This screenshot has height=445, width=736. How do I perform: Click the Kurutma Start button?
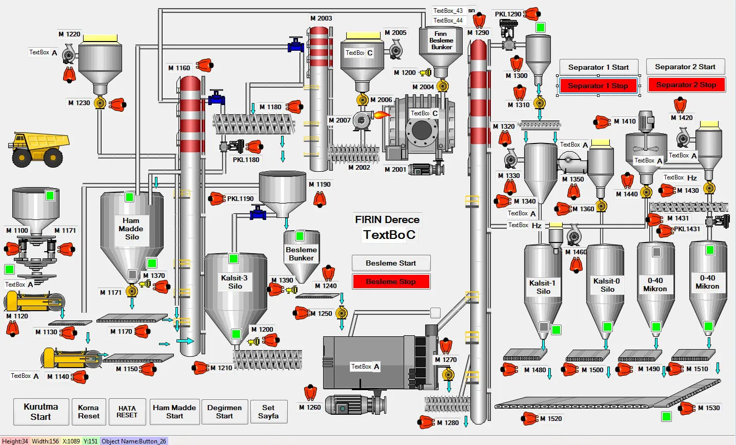pyautogui.click(x=41, y=412)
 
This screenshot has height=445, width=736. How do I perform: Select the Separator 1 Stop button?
pyautogui.click(x=598, y=86)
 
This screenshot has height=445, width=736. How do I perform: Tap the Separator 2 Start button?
pyautogui.click(x=685, y=67)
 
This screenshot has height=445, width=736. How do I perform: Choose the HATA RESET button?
pyautogui.click(x=127, y=412)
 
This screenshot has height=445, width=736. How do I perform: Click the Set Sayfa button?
pyautogui.click(x=268, y=412)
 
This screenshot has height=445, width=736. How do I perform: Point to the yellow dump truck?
pyautogui.click(x=39, y=149)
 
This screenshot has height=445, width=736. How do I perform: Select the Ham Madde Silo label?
pyautogui.click(x=131, y=229)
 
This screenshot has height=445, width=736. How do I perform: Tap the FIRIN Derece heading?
pyautogui.click(x=387, y=219)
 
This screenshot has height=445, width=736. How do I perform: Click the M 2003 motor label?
pyautogui.click(x=321, y=18)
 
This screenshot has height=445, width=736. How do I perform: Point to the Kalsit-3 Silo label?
pyautogui.click(x=234, y=282)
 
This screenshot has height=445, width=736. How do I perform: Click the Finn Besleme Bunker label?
pyautogui.click(x=441, y=41)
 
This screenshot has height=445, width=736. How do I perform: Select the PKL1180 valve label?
pyautogui.click(x=246, y=159)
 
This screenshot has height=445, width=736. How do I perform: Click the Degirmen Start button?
pyautogui.click(x=225, y=412)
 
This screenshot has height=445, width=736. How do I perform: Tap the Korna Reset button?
pyautogui.click(x=89, y=412)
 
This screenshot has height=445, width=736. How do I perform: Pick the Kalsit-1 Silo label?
pyautogui.click(x=543, y=287)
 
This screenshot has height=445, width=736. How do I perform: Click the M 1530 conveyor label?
pyautogui.click(x=709, y=408)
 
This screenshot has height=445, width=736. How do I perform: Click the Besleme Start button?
pyautogui.click(x=391, y=263)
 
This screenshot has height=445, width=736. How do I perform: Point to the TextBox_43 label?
pyautogui.click(x=448, y=10)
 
